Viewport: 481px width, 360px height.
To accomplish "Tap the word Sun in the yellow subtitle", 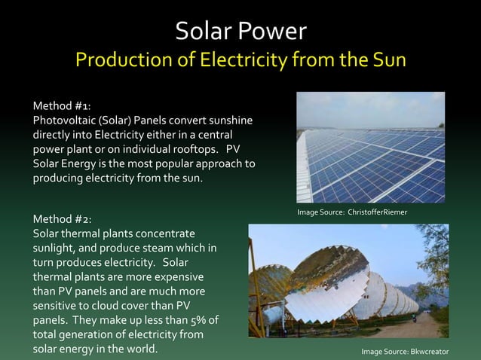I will click(x=385, y=60).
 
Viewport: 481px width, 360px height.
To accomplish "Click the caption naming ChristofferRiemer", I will click(x=352, y=213).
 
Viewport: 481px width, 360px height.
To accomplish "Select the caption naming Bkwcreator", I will click(x=405, y=352).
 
